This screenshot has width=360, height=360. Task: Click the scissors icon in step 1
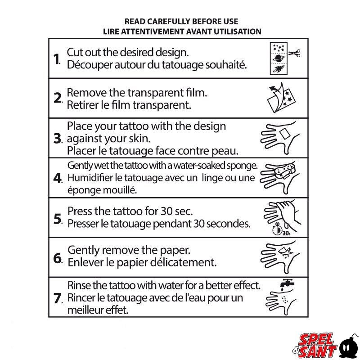tap(294, 53)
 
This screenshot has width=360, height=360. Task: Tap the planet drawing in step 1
tap(279, 58)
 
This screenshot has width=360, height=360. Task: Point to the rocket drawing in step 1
tap(279, 69)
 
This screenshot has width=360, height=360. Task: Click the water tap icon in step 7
tap(287, 283)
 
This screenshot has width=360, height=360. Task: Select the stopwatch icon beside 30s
tap(277, 230)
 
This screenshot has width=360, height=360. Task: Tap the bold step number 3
tap(57, 139)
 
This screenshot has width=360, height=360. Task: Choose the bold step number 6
tap(58, 258)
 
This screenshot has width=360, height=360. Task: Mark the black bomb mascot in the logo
tap(349, 346)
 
